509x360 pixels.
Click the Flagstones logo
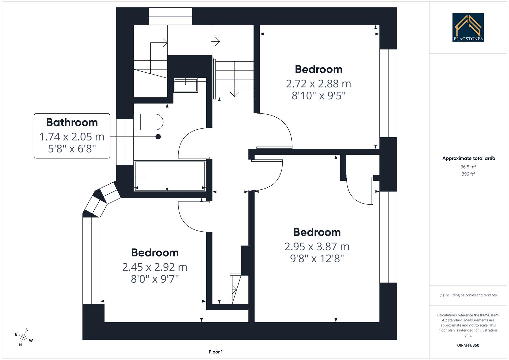468,27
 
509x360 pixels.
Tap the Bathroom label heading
72,122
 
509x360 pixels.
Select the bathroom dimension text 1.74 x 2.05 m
72,137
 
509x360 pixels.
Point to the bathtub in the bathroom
170,176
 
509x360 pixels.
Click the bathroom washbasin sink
185,85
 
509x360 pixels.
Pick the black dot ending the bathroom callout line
158,137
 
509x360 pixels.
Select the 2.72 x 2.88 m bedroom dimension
318,83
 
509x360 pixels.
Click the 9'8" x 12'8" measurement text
317,259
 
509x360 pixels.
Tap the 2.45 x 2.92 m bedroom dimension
155,267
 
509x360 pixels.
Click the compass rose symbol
24,338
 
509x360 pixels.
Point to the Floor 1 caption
216,352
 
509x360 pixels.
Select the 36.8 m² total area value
468,167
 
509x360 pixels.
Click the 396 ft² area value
468,174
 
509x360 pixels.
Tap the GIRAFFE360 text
468,345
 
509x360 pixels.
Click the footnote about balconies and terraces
468,295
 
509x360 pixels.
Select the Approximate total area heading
468,158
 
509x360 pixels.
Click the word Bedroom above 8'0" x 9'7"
155,253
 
